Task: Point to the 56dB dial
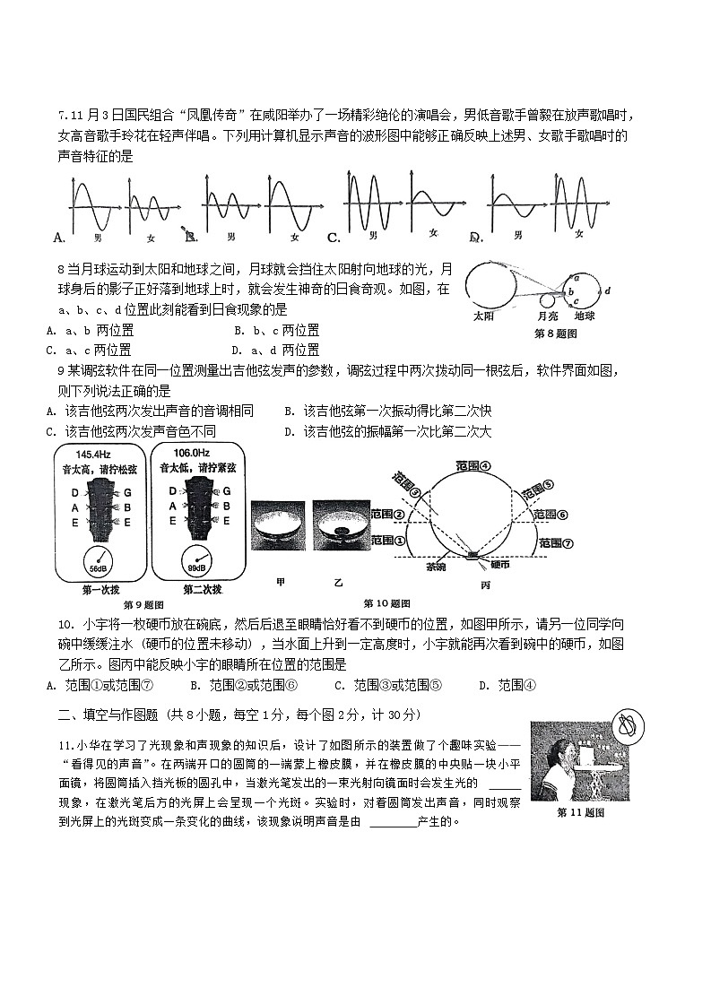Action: [96, 561]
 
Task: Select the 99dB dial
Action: [193, 561]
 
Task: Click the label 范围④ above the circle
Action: [473, 466]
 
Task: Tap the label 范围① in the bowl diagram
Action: [387, 541]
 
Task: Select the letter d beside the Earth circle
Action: [607, 290]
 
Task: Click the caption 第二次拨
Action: [190, 589]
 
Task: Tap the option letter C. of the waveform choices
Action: [333, 238]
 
